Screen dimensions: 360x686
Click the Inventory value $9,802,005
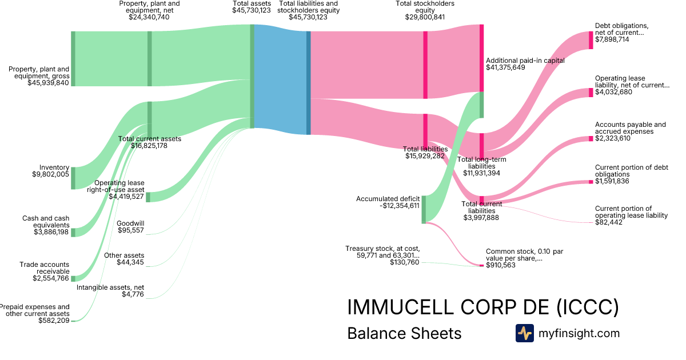[x=50, y=174]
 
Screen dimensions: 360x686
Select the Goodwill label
[x=130, y=223]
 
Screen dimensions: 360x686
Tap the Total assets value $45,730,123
[x=252, y=17]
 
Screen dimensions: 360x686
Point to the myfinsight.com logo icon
[x=524, y=333]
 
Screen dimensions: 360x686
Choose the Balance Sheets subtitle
[x=404, y=333]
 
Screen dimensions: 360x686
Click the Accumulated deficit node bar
[x=424, y=209]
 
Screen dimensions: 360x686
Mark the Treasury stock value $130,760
[x=404, y=262]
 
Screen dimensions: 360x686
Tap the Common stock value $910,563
[x=501, y=265]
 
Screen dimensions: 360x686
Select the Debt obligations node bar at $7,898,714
[x=591, y=40]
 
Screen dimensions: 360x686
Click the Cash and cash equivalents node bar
[x=73, y=232]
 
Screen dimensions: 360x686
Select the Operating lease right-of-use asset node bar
[x=148, y=197]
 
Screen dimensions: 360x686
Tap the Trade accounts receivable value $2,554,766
[x=51, y=278]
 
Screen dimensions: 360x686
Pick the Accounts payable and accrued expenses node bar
[x=591, y=139]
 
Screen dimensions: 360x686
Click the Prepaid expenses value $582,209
[x=54, y=321]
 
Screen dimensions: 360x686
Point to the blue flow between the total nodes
[x=280, y=80]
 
